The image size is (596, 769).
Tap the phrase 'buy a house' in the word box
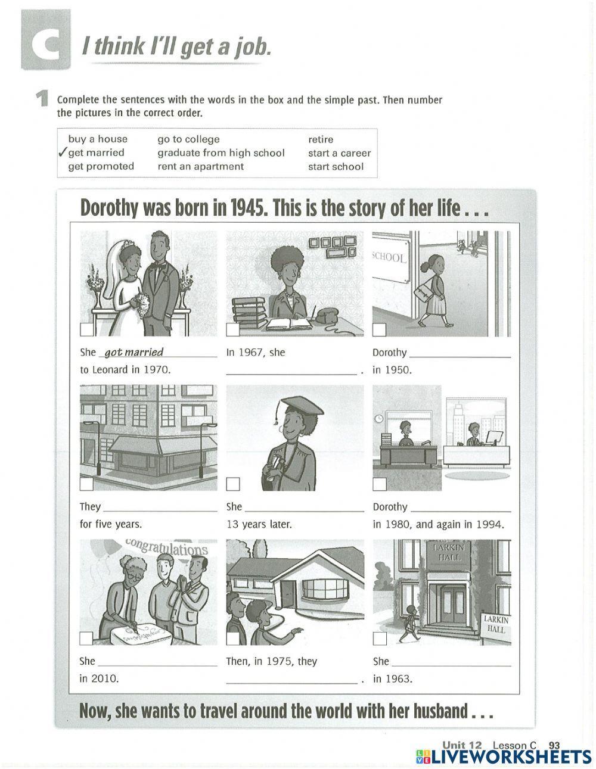click(x=98, y=139)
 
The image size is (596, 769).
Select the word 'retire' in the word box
click(x=321, y=139)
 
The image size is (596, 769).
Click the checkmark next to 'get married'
click(x=62, y=152)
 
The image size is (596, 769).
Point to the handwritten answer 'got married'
click(x=134, y=352)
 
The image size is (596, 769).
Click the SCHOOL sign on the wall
click(x=390, y=258)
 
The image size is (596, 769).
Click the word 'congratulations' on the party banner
click(x=167, y=546)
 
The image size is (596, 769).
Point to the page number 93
click(x=554, y=745)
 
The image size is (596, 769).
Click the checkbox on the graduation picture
click(x=233, y=484)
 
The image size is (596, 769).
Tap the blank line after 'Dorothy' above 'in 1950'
click(x=460, y=356)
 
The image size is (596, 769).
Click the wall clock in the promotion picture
click(x=379, y=419)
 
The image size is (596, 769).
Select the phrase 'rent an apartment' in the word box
click(x=200, y=167)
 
